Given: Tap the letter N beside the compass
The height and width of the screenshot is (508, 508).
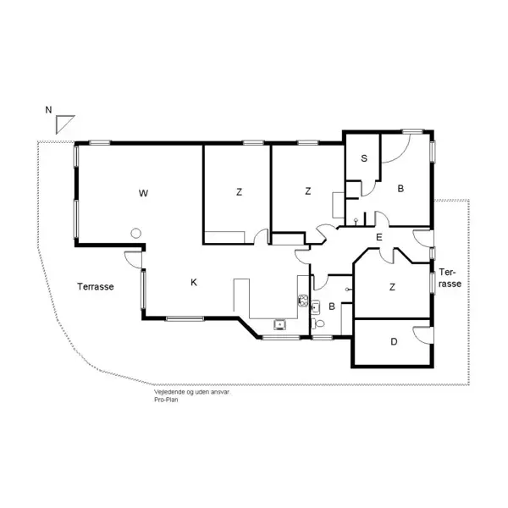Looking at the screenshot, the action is click(48, 110).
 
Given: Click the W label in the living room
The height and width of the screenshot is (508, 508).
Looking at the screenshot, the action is click(143, 193).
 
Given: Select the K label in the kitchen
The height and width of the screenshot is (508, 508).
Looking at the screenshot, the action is click(194, 283).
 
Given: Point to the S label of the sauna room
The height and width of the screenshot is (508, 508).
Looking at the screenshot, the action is click(364, 158).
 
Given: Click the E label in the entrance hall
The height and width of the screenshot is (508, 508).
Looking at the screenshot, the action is click(378, 237).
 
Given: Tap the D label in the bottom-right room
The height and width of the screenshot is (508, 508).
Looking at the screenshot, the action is click(394, 342).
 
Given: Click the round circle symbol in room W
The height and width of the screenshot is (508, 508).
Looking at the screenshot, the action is click(135, 233).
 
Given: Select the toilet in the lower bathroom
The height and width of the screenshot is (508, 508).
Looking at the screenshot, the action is click(317, 323).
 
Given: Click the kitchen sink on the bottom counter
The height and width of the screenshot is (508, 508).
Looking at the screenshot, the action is click(279, 324).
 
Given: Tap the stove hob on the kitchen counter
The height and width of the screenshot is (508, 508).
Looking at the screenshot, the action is click(303, 300).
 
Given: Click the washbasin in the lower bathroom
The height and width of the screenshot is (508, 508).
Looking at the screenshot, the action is click(316, 306).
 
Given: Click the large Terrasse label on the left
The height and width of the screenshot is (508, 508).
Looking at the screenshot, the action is click(96, 287).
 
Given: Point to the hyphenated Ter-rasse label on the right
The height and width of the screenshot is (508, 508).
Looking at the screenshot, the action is click(450, 278).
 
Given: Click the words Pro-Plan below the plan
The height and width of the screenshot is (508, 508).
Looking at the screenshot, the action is click(166, 400).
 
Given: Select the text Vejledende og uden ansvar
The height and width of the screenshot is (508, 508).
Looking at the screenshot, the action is click(192, 392).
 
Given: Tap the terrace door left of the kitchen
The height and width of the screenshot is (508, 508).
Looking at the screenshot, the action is click(134, 260).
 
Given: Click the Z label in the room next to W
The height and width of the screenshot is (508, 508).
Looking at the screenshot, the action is click(239, 192).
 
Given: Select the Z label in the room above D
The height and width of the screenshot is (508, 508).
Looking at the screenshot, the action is click(392, 287).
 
